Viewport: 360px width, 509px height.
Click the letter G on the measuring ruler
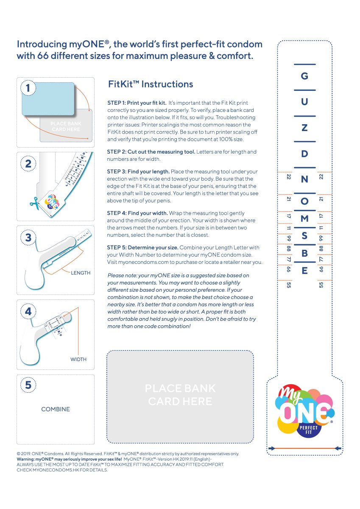304,76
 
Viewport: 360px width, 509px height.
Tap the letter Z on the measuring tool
304,128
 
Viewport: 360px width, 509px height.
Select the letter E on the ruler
304,271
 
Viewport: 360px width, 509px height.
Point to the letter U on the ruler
304,101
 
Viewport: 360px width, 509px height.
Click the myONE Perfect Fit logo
305,411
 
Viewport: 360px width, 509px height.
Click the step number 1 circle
28,88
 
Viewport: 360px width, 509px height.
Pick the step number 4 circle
28,311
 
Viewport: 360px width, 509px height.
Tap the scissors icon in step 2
34,203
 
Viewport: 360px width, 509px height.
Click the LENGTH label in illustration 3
81,273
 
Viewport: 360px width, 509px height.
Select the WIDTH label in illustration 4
78,359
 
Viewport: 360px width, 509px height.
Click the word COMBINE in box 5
56,409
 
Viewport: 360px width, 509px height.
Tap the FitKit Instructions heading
151,84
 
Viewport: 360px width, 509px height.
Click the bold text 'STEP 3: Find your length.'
138,171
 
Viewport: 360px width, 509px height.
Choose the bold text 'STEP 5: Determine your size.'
142,247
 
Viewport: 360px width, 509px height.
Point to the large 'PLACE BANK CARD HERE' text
180,395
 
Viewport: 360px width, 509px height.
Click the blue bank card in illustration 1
48,99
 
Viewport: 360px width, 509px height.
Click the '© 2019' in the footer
24,454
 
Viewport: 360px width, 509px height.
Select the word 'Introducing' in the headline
42,45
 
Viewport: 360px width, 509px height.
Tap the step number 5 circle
28,385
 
